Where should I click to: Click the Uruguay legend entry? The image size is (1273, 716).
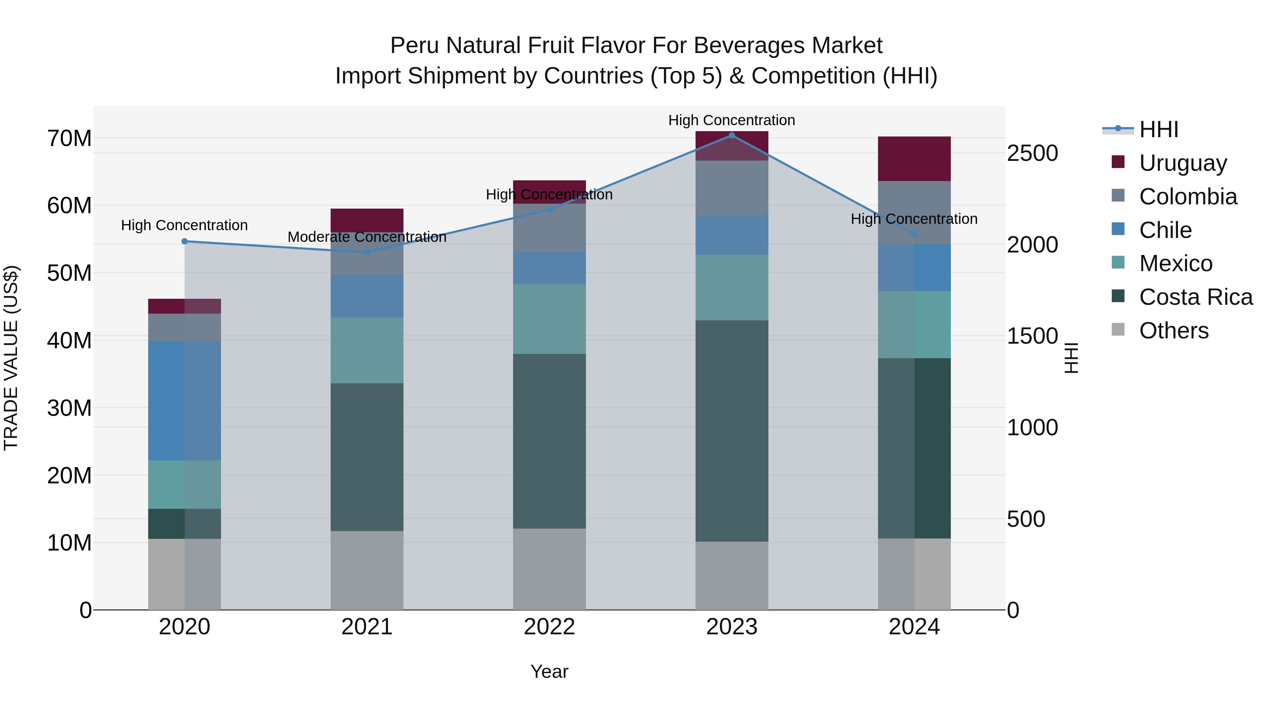tap(1182, 163)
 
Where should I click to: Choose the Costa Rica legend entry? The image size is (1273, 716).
tap(1196, 297)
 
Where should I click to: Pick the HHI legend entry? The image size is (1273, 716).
tap(1158, 129)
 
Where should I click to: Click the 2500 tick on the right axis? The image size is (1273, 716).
tap(1032, 153)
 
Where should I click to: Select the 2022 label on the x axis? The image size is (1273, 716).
tap(549, 627)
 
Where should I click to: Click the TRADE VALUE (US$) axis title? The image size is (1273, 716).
tap(11, 358)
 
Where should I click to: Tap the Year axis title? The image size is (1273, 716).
tap(549, 671)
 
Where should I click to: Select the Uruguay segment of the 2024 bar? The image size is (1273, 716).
tap(914, 159)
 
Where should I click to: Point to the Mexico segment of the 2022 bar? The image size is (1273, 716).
tap(549, 318)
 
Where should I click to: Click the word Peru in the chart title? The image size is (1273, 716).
tap(414, 46)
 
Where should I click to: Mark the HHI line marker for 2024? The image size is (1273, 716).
tap(914, 234)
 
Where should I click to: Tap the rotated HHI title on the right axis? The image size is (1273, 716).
tap(1070, 358)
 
